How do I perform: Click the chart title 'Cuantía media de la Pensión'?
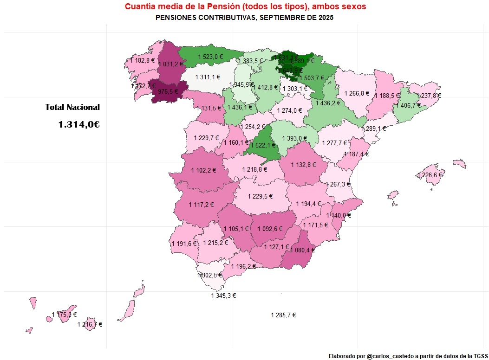click(x=245, y=6)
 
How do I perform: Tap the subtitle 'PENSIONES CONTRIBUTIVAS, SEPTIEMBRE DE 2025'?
click(x=245, y=18)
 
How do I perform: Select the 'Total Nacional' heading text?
click(x=72, y=107)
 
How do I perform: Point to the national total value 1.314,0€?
click(x=79, y=124)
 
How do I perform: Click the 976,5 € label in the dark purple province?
click(x=168, y=92)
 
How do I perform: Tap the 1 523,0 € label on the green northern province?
click(x=210, y=57)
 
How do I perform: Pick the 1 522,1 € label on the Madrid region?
click(x=262, y=145)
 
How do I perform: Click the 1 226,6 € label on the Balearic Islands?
click(x=430, y=175)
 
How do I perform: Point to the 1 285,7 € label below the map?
click(x=283, y=315)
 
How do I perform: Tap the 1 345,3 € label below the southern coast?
click(x=223, y=296)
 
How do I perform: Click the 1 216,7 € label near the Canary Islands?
click(x=90, y=325)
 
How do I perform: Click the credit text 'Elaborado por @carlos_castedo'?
click(x=407, y=356)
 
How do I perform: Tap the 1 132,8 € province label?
click(x=303, y=165)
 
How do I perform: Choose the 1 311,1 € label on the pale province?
click(x=208, y=77)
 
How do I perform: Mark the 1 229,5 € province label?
click(x=260, y=196)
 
